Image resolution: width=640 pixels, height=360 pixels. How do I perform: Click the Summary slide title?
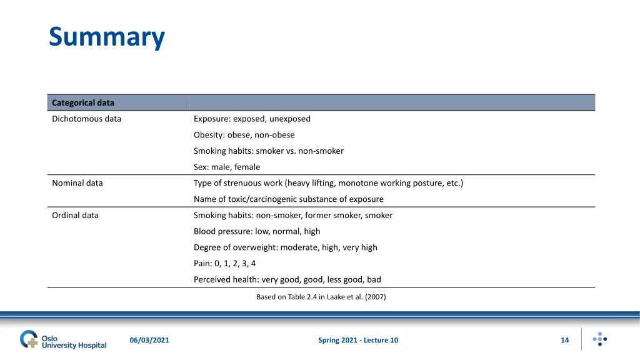point(107,37)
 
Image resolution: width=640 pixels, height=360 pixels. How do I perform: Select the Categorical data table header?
point(83,102)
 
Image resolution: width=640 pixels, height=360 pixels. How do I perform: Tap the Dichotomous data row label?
point(86,119)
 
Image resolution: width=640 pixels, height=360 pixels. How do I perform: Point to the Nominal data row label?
point(77,183)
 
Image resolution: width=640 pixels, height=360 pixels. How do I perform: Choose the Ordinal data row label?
point(75,215)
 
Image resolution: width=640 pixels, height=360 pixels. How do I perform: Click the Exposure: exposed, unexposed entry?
point(252,119)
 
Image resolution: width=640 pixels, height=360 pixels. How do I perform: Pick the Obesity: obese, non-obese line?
point(244,135)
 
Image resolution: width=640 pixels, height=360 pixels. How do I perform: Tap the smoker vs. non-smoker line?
point(269,151)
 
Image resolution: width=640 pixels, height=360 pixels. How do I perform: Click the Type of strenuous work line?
point(328,183)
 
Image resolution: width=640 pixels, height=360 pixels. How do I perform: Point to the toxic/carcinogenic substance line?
point(289,199)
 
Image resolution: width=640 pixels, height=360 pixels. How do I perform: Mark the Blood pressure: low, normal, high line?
point(257,231)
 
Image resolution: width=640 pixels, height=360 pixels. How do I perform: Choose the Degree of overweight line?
point(286,247)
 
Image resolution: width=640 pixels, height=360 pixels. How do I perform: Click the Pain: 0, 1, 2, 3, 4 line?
point(224,264)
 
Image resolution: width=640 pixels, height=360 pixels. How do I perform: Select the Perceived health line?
point(287,279)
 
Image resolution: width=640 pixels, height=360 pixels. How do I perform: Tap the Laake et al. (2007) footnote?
point(321,297)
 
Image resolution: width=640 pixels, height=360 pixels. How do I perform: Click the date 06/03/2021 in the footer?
point(149,340)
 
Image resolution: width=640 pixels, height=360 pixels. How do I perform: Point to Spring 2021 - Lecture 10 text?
point(358,340)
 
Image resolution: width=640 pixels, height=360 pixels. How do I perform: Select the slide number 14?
point(565,340)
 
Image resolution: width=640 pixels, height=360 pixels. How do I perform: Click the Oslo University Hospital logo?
point(63,340)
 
